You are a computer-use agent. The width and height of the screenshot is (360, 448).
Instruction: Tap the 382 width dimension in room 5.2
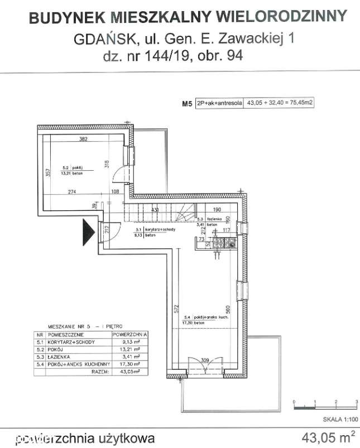click(x=84, y=139)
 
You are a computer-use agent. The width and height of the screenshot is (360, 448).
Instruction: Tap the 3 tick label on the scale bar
click(x=356, y=402)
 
